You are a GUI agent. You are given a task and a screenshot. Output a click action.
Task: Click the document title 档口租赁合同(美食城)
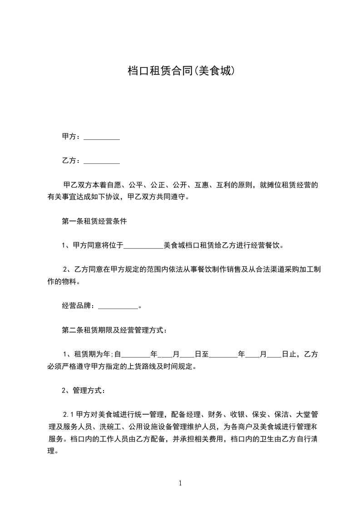click(180, 71)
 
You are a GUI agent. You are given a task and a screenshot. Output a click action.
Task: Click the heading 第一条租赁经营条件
click(94, 222)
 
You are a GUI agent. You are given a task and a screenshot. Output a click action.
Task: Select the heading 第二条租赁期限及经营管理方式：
click(114, 330)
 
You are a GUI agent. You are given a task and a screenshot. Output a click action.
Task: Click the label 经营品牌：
click(79, 306)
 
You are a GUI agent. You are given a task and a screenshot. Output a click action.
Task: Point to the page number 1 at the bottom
click(180, 483)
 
